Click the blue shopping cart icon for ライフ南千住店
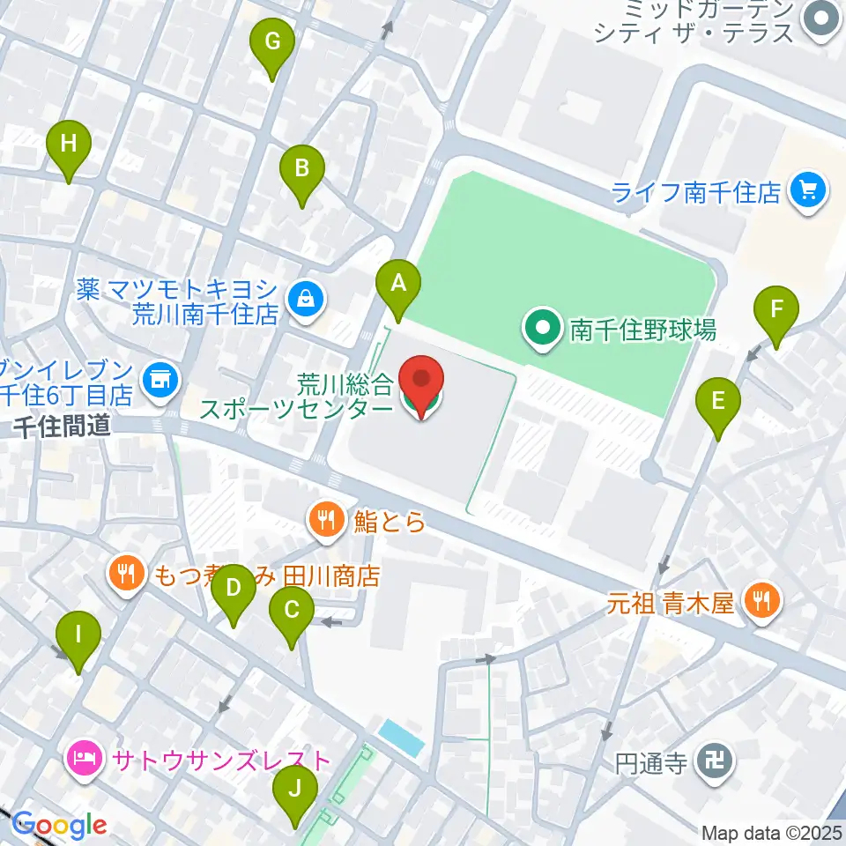coord(808,190)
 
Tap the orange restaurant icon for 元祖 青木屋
coord(758,603)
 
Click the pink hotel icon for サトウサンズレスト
coord(85,759)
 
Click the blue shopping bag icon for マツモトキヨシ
coord(304,300)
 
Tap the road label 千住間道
coord(62,427)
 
